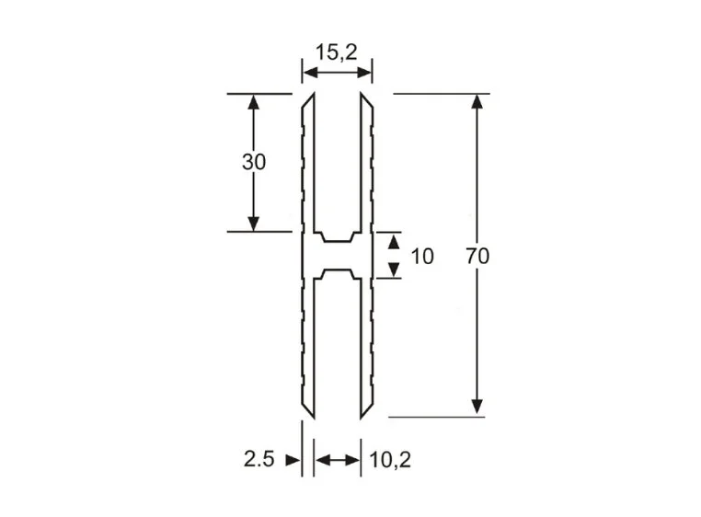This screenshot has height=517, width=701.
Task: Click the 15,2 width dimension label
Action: (x=337, y=53)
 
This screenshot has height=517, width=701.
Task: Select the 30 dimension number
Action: (x=254, y=162)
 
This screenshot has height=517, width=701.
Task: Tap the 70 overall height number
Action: (x=477, y=257)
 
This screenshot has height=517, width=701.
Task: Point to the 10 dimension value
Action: (x=421, y=257)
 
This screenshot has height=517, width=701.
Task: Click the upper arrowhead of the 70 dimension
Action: (x=477, y=102)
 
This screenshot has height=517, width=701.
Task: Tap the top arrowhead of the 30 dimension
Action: (x=254, y=102)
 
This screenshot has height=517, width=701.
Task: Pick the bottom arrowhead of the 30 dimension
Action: (x=254, y=223)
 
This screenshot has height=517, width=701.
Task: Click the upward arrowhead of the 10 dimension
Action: (x=393, y=241)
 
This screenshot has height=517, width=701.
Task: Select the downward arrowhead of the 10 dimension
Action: (x=393, y=270)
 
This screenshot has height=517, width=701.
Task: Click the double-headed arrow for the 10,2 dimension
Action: (x=337, y=459)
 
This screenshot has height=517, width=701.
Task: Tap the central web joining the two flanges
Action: (x=337, y=256)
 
